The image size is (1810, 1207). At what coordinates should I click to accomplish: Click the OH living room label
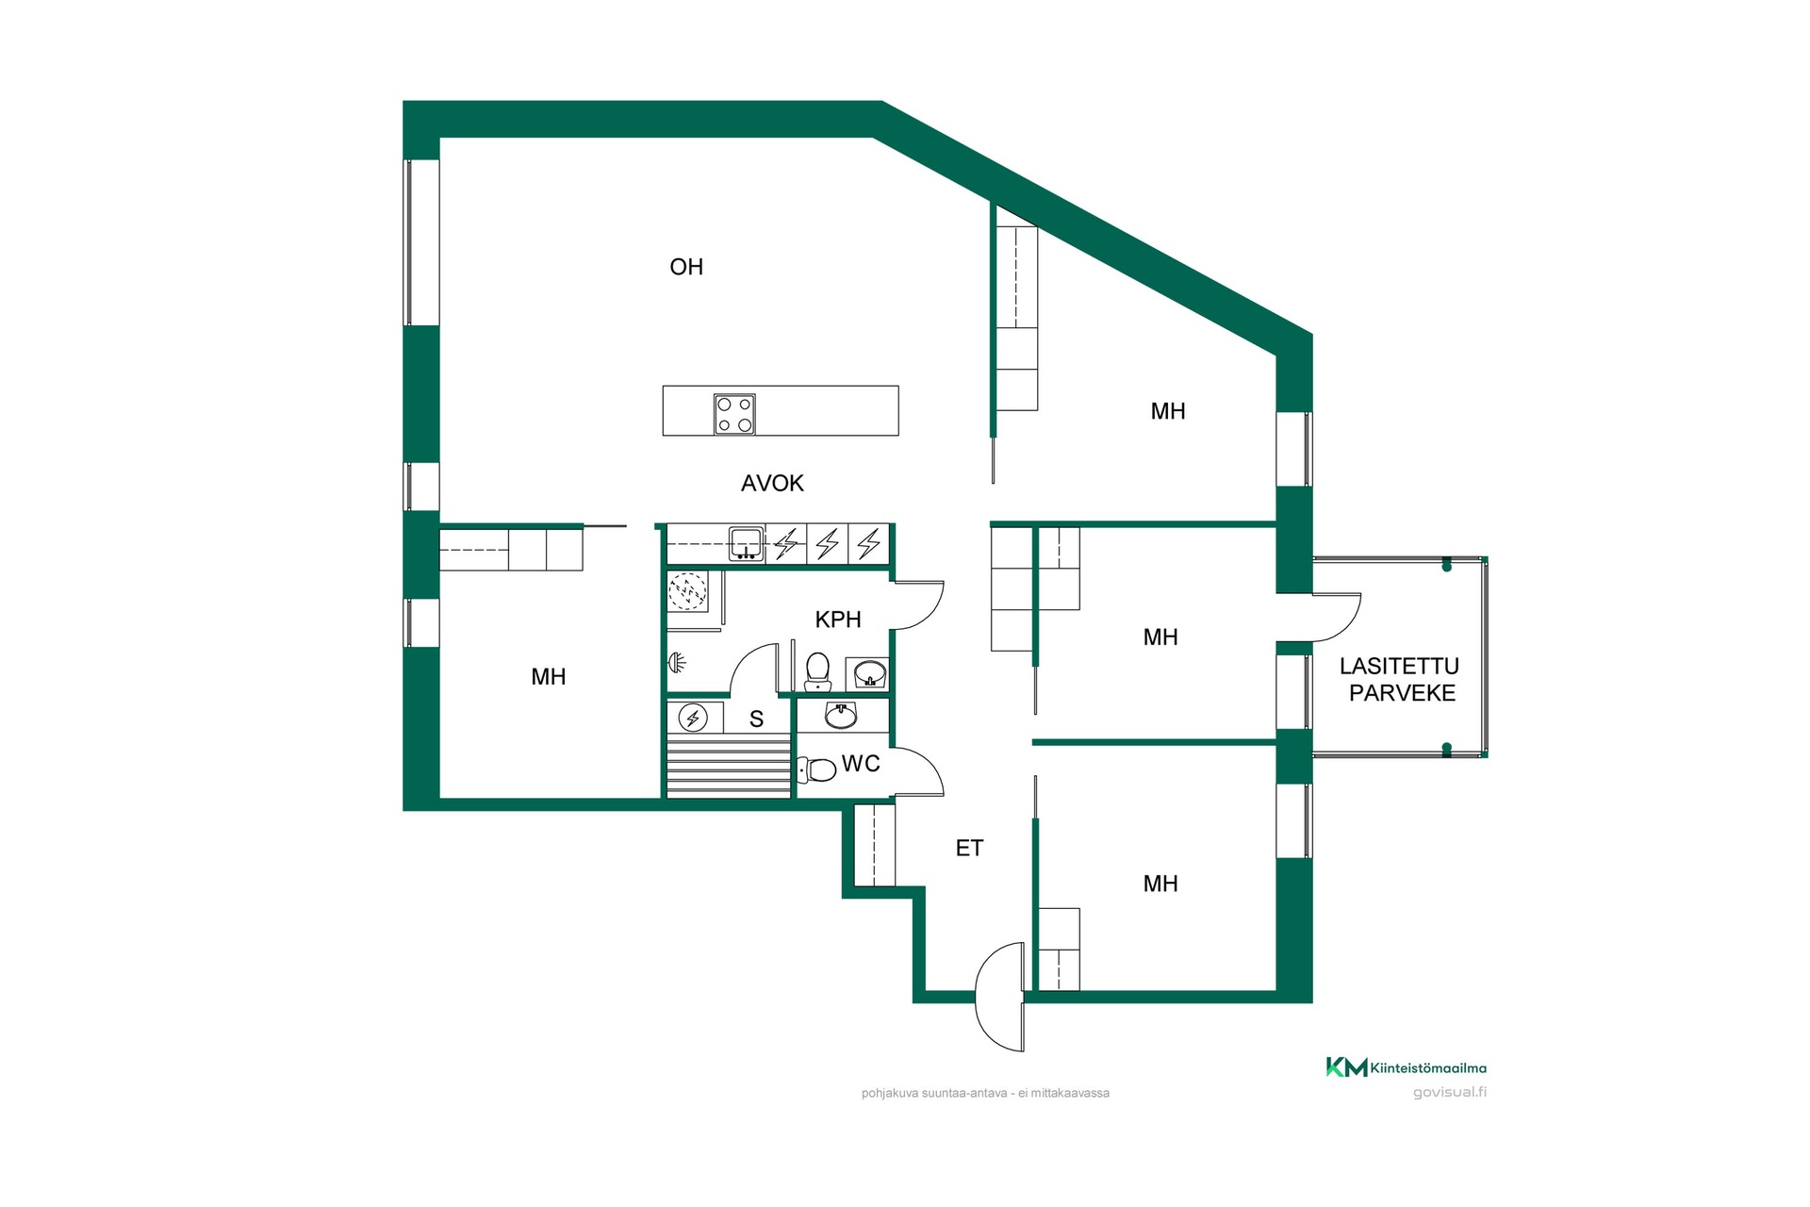(686, 267)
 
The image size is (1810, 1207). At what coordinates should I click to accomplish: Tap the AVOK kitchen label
(772, 484)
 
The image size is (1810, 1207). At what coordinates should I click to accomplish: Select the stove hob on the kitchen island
(734, 414)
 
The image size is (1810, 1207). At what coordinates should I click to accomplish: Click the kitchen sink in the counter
(746, 544)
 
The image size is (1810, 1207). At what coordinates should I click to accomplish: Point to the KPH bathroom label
(838, 620)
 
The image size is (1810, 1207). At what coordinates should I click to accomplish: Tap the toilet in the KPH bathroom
(817, 671)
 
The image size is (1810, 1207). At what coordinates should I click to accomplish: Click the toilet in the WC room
(816, 770)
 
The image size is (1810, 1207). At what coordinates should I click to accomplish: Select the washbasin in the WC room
(841, 716)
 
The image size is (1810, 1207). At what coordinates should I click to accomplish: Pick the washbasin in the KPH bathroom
(868, 673)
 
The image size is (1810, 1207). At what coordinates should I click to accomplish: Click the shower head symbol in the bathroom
(676, 663)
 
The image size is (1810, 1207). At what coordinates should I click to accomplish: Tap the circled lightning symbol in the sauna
(694, 719)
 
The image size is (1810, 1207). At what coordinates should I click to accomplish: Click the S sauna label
(756, 719)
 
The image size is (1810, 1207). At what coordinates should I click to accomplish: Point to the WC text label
(861, 764)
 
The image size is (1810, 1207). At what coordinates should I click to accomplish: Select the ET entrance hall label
(969, 849)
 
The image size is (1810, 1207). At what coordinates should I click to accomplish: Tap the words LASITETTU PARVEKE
(1400, 680)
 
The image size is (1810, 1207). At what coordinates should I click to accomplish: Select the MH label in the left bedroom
(549, 677)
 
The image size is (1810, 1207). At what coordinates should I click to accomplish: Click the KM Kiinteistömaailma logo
(1407, 1067)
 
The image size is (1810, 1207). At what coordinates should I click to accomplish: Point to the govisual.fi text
(1450, 1093)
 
